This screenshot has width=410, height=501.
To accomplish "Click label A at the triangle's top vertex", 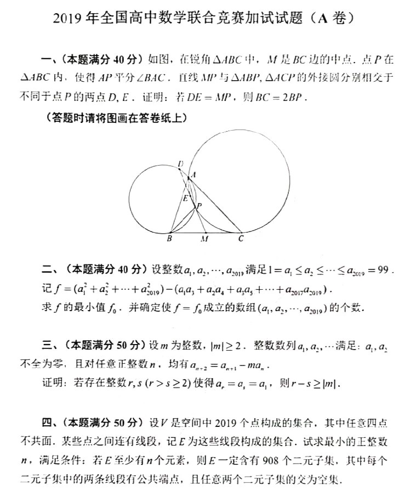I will [193, 174].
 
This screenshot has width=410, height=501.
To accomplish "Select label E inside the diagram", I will [185, 198].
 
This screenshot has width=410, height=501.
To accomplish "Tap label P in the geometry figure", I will [199, 206].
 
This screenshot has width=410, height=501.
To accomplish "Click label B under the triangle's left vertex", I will [169, 239].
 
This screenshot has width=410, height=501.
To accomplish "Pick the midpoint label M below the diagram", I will [204, 239].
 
